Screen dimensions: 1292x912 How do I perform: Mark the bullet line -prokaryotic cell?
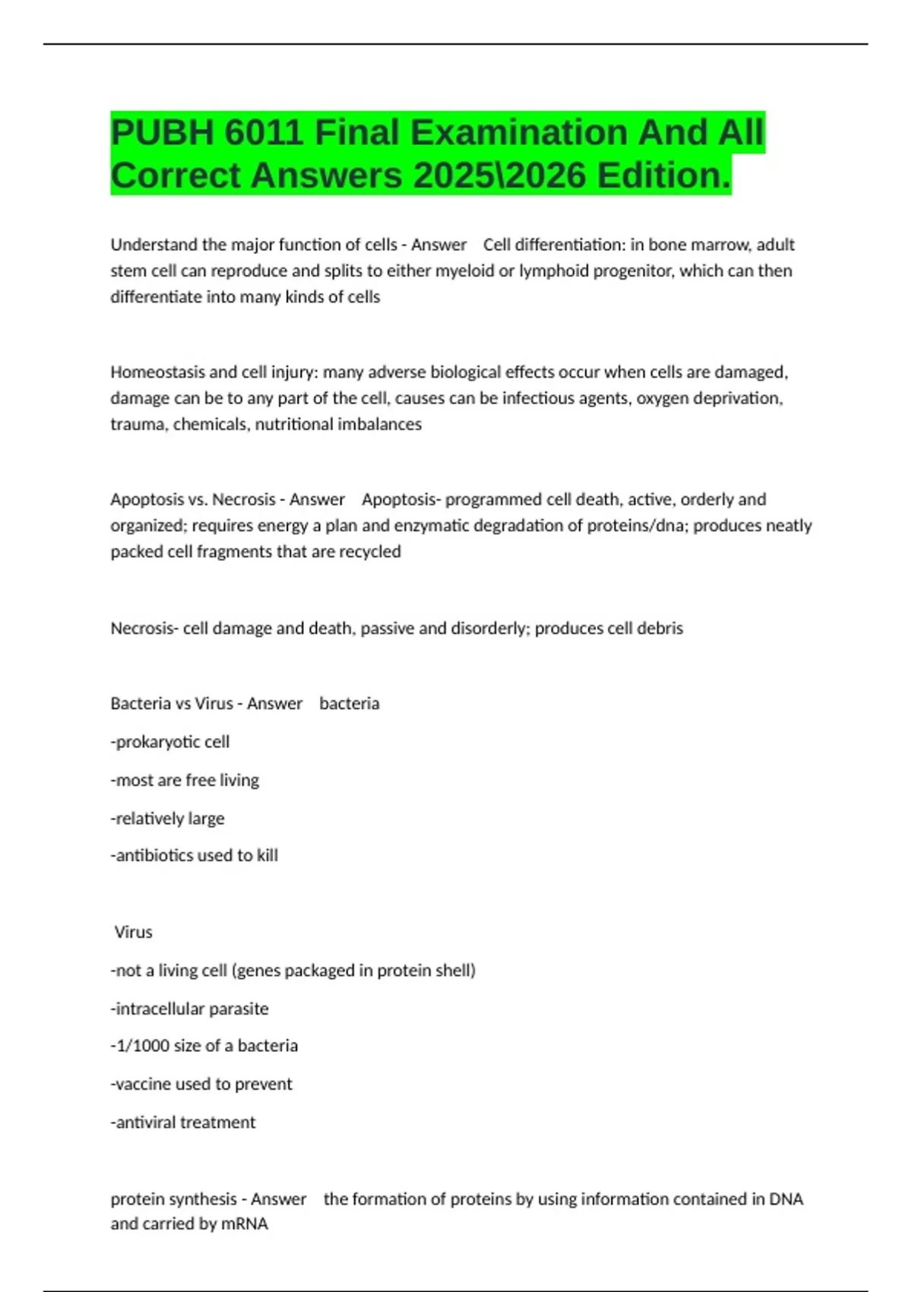click(x=170, y=742)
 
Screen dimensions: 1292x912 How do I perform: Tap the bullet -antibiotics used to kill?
click(x=195, y=856)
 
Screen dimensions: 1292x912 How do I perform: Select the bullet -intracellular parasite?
click(x=190, y=1009)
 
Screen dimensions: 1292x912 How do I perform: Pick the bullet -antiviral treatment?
click(x=183, y=1123)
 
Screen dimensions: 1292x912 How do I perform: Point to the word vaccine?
click(x=144, y=1085)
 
